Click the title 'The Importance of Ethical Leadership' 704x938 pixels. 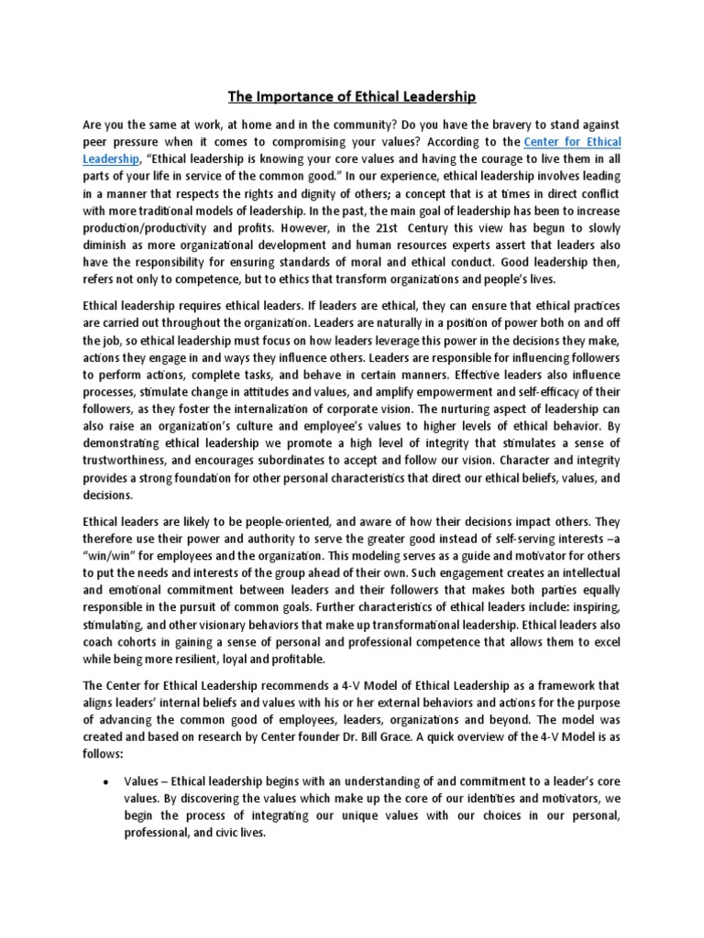(352, 96)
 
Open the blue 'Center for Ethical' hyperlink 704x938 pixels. (572, 142)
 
